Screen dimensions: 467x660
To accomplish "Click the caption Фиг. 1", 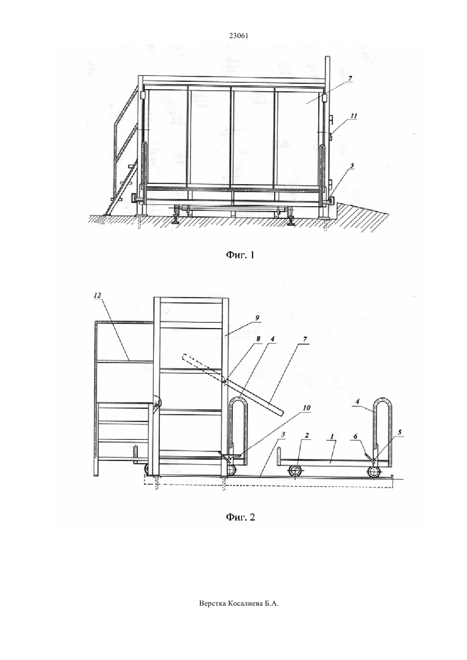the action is click(240, 254).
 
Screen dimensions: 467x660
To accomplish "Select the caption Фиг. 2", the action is click(240, 517).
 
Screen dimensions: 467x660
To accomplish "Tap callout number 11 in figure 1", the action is click(353, 116).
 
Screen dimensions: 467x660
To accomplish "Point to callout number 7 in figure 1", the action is click(350, 78).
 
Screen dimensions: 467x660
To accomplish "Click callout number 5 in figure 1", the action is click(352, 166).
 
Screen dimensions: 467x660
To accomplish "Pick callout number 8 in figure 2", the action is click(259, 338).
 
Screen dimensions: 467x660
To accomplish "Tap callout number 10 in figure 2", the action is click(307, 408).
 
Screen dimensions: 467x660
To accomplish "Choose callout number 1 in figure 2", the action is click(332, 436).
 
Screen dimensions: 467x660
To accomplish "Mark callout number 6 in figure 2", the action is click(356, 436).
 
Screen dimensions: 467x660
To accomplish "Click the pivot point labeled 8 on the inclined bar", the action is click(224, 382).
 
